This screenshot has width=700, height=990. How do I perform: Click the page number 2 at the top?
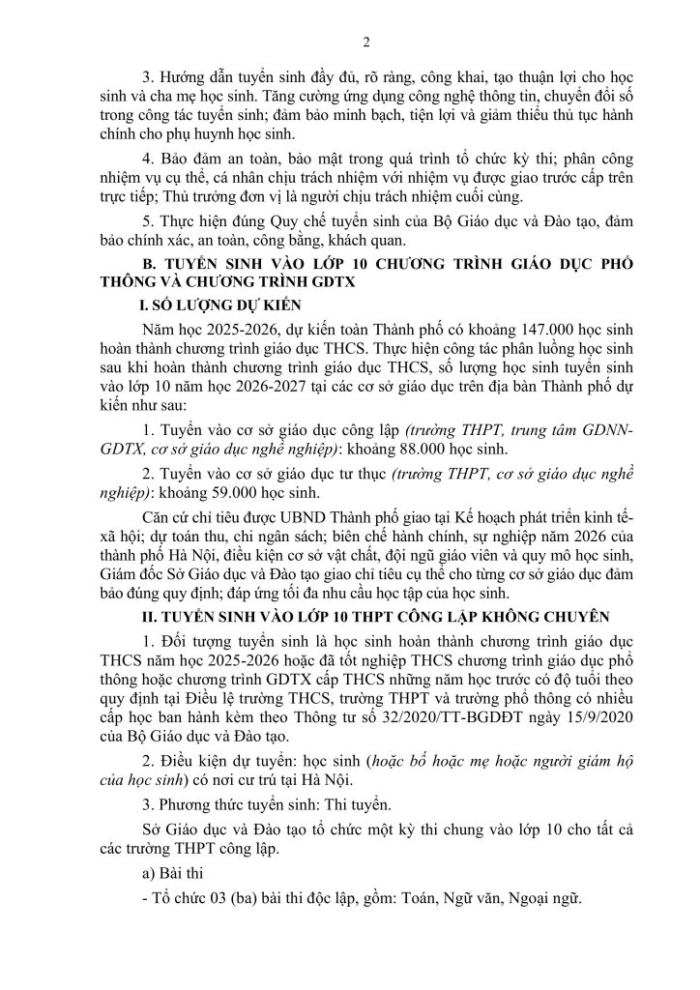351,41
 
